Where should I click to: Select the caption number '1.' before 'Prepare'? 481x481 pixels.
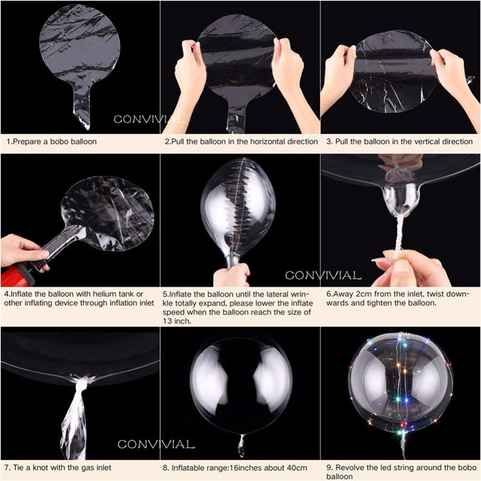click(10, 142)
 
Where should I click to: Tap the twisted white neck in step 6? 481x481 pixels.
click(399, 234)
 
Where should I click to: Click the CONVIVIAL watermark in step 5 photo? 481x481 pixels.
click(323, 276)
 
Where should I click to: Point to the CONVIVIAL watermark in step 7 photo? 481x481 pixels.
click(156, 445)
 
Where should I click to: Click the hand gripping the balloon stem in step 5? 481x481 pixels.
click(231, 275)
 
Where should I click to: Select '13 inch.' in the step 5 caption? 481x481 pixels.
click(177, 321)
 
